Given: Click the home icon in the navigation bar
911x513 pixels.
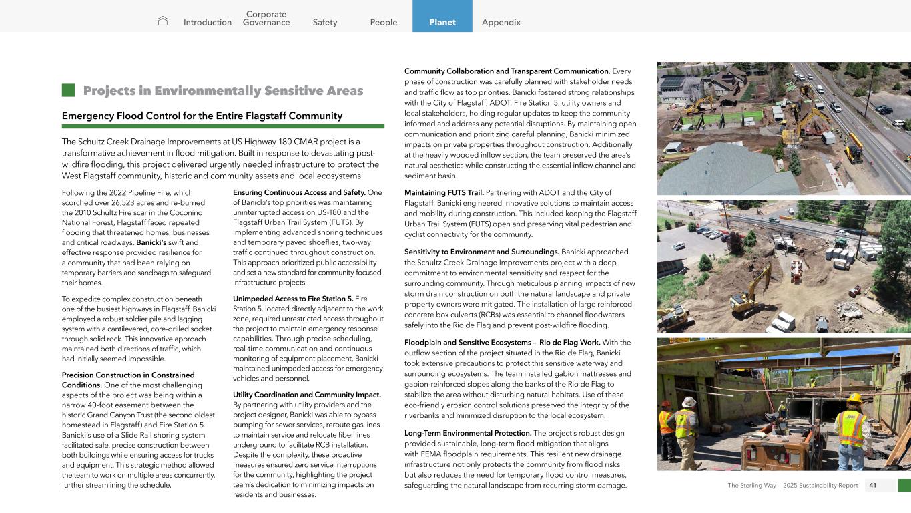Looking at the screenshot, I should tap(163, 21).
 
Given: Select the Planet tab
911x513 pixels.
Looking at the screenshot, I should tap(442, 22).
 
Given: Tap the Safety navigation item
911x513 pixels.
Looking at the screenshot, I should tap(325, 22).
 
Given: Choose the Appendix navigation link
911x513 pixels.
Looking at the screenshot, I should tap(501, 22).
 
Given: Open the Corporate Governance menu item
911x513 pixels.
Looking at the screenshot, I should tap(266, 18).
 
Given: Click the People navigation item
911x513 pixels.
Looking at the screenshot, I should tap(383, 22).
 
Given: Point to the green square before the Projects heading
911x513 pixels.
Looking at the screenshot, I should tap(67, 90).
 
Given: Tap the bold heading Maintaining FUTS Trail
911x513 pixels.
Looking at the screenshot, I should tap(444, 193).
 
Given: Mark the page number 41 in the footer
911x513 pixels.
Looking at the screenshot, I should tap(872, 485).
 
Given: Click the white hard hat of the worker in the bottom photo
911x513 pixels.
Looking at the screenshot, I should tap(688, 402).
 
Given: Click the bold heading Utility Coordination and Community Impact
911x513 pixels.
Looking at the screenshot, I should tap(307, 395).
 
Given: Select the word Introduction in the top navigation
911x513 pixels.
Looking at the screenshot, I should tap(207, 22).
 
